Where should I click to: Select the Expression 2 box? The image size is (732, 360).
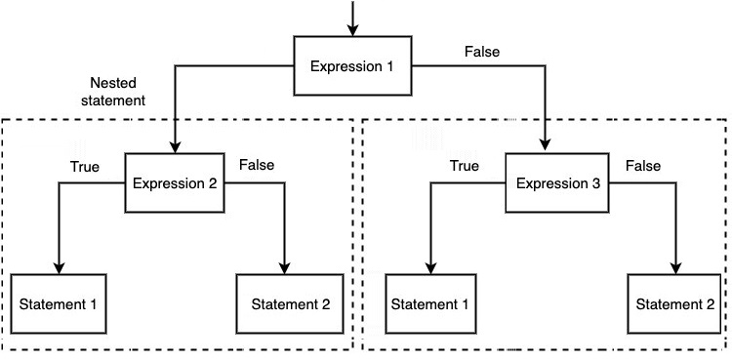pyautogui.click(x=174, y=183)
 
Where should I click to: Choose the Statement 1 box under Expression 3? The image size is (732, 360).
pyautogui.click(x=430, y=302)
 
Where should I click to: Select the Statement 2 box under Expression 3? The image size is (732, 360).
pyautogui.click(x=676, y=302)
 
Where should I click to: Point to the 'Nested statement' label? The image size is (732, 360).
pyautogui.click(x=115, y=92)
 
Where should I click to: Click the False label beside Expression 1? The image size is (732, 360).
pyautogui.click(x=483, y=52)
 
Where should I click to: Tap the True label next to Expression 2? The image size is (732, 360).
pyautogui.click(x=85, y=166)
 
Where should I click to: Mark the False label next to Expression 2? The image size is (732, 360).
pyautogui.click(x=257, y=165)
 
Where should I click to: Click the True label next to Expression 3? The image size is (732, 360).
pyautogui.click(x=464, y=166)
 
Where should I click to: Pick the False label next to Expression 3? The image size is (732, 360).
pyautogui.click(x=643, y=166)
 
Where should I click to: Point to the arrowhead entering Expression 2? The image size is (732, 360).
pyautogui.click(x=174, y=147)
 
